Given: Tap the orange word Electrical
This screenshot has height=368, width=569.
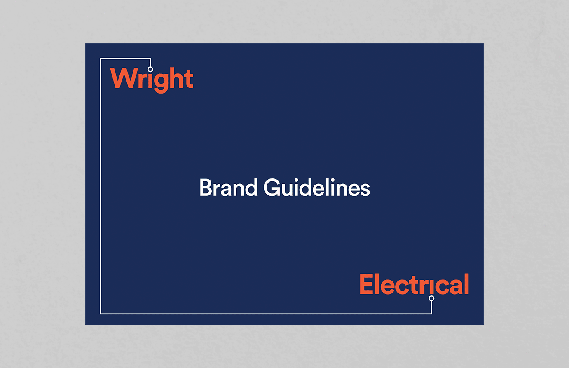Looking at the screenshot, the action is coord(414,284).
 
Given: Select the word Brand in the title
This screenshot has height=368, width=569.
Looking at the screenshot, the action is coord(228,188).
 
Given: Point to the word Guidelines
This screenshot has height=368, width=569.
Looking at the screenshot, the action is coord(316,188).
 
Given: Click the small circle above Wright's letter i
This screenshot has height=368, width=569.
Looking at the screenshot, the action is coord(150,69).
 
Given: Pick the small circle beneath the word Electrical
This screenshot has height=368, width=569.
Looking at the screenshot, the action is coord(431,298).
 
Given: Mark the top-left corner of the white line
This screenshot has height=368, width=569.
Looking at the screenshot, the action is coord(101,59).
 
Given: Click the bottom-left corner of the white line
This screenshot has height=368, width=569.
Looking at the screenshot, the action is coord(101,314).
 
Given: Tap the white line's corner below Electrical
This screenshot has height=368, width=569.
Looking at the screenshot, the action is coord(431,314).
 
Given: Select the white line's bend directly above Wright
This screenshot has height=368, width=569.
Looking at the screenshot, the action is coord(150,59).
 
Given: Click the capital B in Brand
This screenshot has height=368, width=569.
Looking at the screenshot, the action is coord(206,188).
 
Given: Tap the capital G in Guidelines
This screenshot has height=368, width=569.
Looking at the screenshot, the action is coord(272,188).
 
